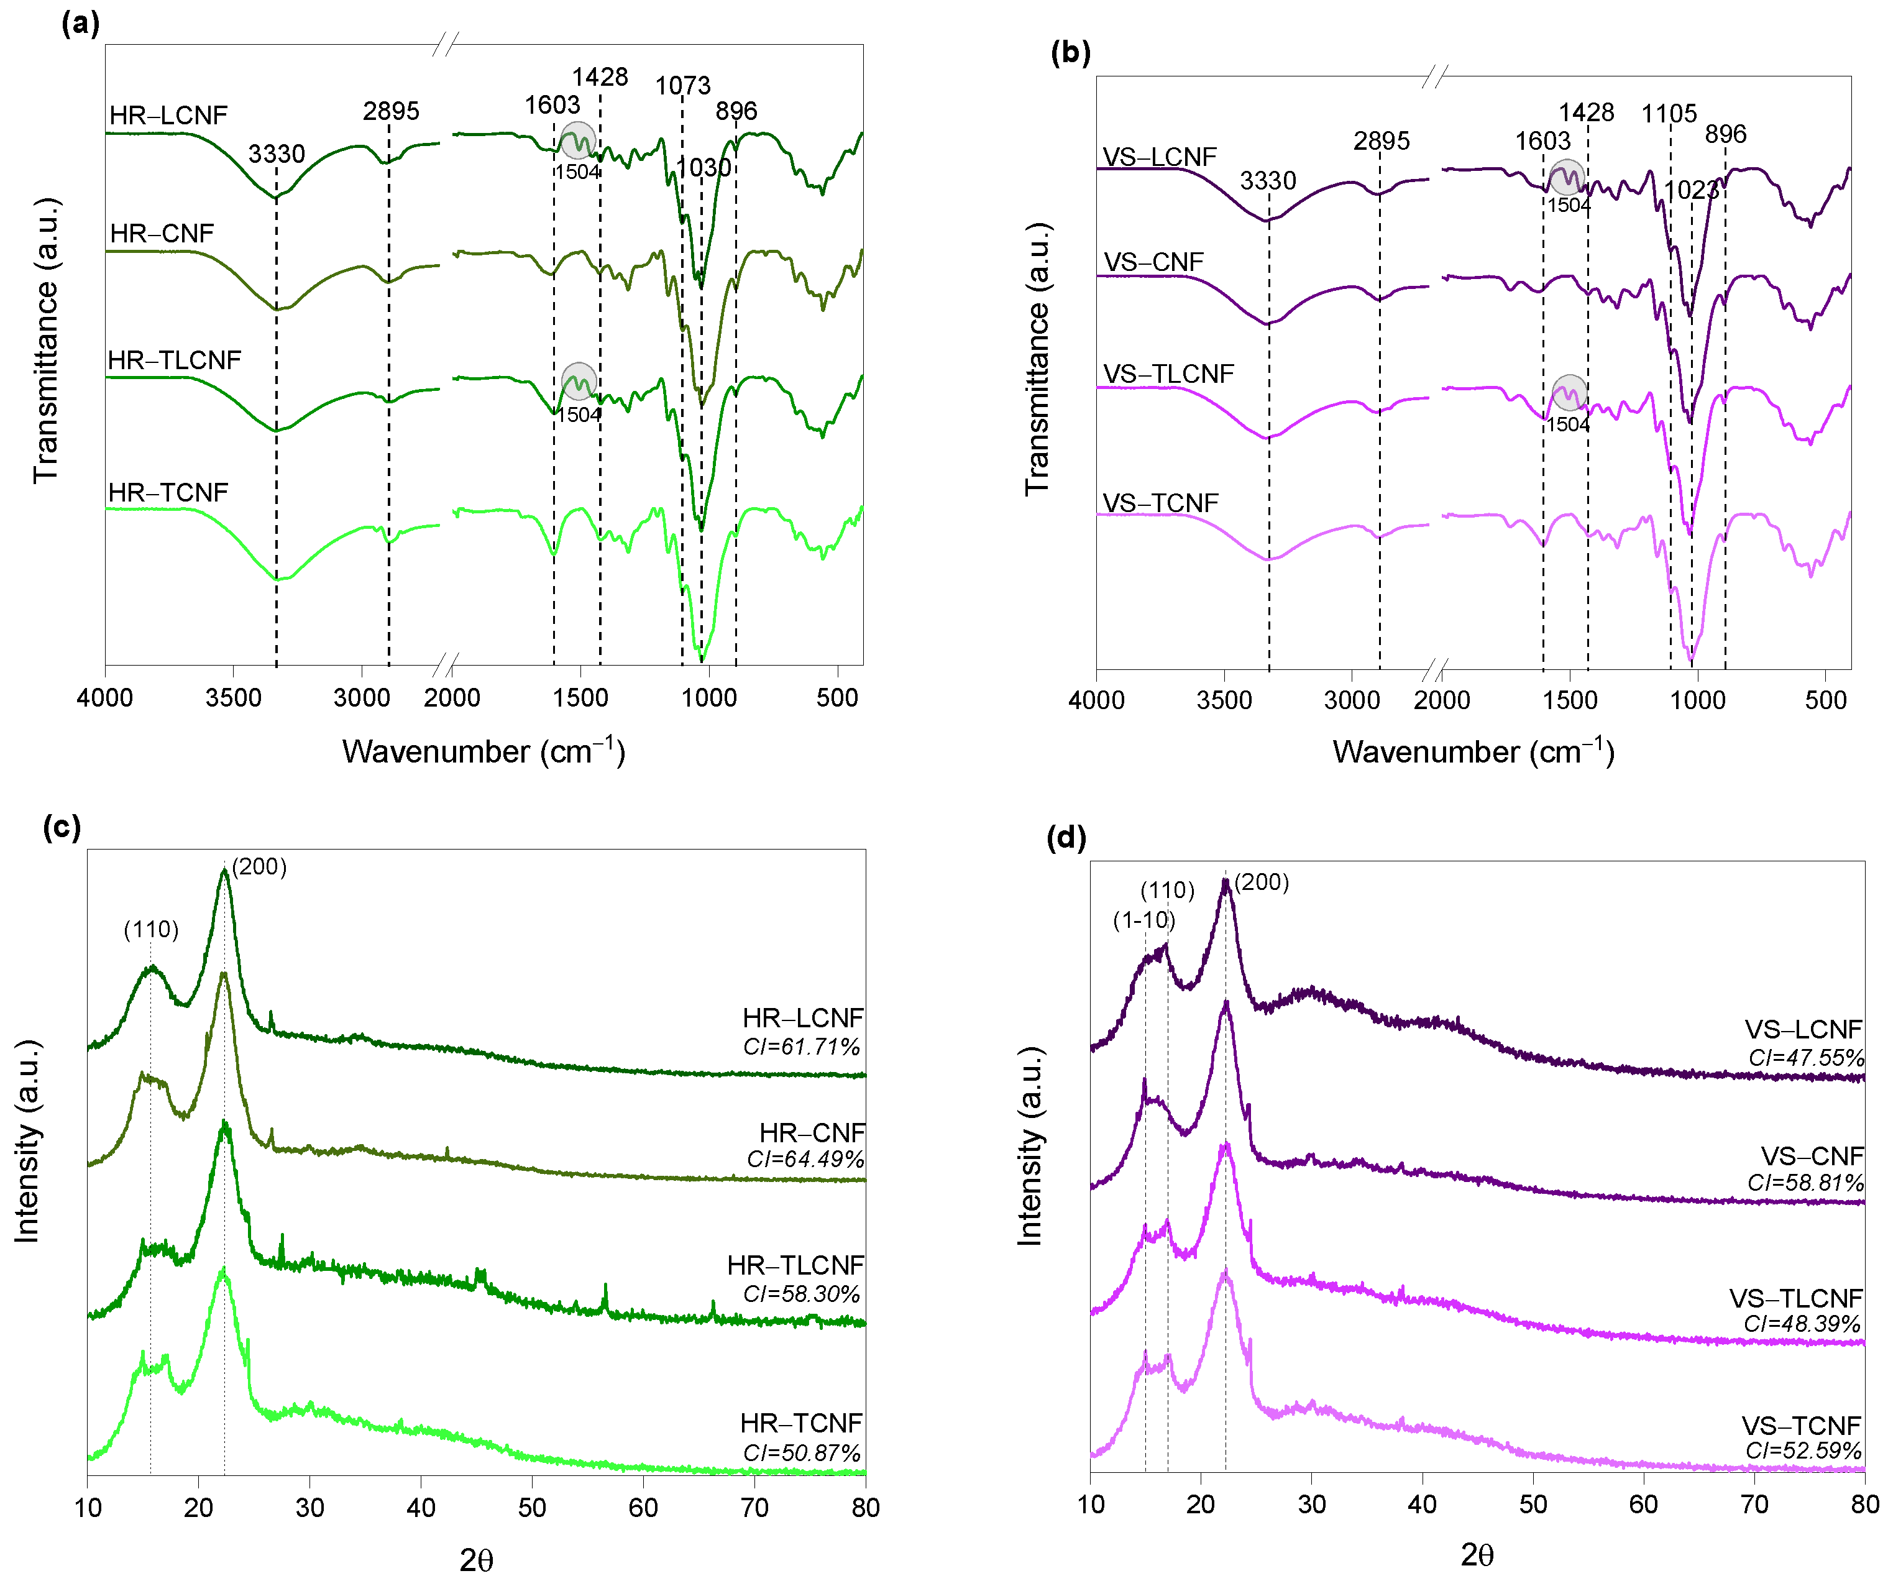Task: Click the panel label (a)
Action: pyautogui.click(x=80, y=22)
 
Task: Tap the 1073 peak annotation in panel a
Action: pyautogui.click(x=682, y=85)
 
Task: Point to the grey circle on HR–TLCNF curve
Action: pyautogui.click(x=579, y=381)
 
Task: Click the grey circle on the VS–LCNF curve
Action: pyautogui.click(x=1566, y=177)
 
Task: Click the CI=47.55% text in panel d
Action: pyautogui.click(x=1805, y=1057)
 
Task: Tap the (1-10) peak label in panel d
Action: pyautogui.click(x=1143, y=920)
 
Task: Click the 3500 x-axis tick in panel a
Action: pyautogui.click(x=233, y=697)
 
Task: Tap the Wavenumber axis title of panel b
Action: pyautogui.click(x=1473, y=751)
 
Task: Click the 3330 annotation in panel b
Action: pyautogui.click(x=1268, y=181)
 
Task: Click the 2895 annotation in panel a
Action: pyautogui.click(x=391, y=111)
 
